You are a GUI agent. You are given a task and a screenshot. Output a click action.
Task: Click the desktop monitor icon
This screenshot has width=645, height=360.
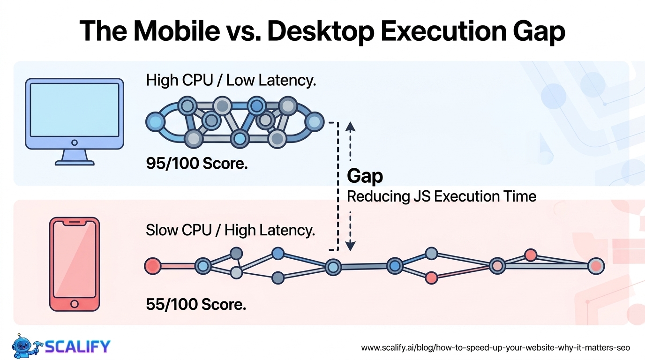coord(75,121)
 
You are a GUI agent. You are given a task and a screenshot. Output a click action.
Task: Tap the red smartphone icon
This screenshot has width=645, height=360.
coord(75,264)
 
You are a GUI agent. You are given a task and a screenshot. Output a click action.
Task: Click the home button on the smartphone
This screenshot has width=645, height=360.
coord(75,304)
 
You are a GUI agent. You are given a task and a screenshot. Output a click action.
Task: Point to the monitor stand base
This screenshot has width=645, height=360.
coord(75,163)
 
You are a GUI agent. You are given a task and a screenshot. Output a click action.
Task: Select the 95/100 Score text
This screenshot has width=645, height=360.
coord(197,163)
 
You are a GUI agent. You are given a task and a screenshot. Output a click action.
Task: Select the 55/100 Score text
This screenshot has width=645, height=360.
coord(196,304)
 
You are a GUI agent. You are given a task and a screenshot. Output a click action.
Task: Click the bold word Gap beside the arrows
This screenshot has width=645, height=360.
coord(365,176)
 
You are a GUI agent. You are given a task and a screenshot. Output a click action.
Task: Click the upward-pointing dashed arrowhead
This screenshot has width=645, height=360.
coord(350,127)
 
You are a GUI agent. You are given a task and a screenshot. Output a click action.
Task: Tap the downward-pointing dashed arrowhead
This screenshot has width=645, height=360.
coord(350,246)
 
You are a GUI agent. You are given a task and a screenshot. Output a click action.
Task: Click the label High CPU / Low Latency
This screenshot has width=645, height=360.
coord(231,80)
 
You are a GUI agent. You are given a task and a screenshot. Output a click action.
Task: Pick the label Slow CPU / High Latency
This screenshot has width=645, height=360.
coord(230,231)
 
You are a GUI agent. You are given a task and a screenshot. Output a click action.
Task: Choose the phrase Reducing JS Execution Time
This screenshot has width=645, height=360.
coord(442,197)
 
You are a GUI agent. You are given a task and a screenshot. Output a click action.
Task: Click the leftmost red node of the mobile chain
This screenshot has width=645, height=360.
coord(153,265)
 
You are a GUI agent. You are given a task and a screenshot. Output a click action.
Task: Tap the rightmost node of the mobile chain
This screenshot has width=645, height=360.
coord(596,266)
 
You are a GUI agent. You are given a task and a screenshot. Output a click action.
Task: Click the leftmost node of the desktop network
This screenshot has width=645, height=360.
coord(156,122)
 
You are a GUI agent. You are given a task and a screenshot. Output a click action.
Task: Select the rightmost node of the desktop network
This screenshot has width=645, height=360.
coord(315,122)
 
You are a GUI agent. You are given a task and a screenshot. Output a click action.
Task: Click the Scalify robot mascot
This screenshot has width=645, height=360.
coord(27,346)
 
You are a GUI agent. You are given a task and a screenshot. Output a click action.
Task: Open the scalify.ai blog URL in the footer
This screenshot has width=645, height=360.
coord(495,348)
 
